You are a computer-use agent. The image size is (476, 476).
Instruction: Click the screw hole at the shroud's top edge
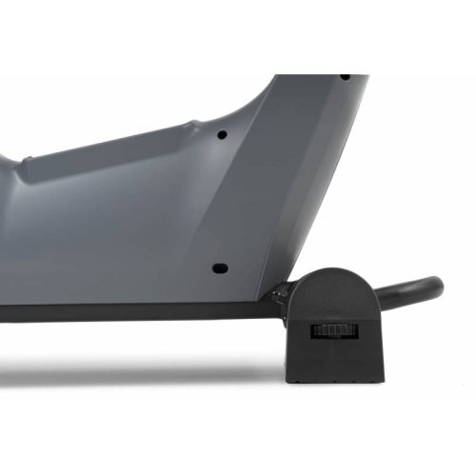(344, 76)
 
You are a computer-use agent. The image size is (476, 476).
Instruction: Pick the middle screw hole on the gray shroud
(221, 135)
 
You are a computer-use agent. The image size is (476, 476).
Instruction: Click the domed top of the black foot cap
(333, 276)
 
